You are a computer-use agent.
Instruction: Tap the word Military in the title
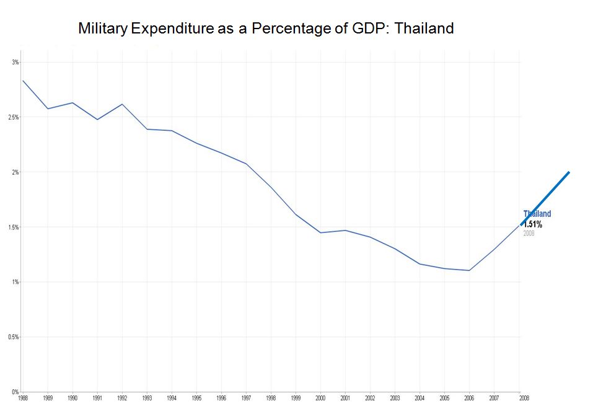pyautogui.click(x=103, y=29)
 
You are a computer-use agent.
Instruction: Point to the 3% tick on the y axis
pyautogui.click(x=15, y=62)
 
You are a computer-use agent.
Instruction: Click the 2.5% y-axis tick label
pyautogui.click(x=14, y=117)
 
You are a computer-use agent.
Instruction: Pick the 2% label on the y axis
pyautogui.click(x=15, y=172)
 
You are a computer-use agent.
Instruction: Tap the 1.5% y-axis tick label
pyautogui.click(x=14, y=227)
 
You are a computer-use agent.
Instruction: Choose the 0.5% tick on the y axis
pyautogui.click(x=14, y=337)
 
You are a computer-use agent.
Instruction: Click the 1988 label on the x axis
pyautogui.click(x=23, y=398)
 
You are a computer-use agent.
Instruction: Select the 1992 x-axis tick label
pyautogui.click(x=122, y=398)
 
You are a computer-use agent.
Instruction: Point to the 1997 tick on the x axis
pyautogui.click(x=246, y=398)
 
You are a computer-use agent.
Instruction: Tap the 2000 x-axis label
pyautogui.click(x=320, y=398)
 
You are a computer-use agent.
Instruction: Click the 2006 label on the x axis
pyautogui.click(x=469, y=398)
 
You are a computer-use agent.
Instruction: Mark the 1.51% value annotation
pyautogui.click(x=533, y=224)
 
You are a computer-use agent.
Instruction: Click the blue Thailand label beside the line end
pyautogui.click(x=537, y=214)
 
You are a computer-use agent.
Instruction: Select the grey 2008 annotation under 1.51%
pyautogui.click(x=529, y=233)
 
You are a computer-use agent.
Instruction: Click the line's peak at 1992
pyautogui.click(x=122, y=104)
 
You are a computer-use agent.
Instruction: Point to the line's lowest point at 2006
pyautogui.click(x=469, y=270)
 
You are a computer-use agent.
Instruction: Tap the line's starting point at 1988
pyautogui.click(x=23, y=81)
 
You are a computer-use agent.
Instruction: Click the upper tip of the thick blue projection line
pyautogui.click(x=568, y=172)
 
